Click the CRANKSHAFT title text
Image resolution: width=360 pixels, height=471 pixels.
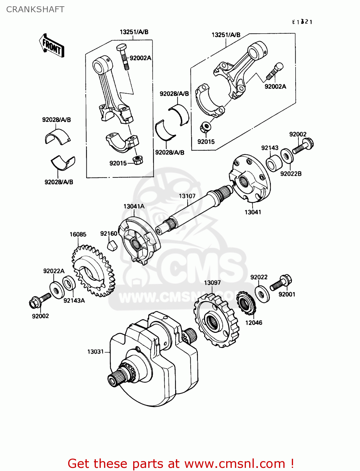(35, 9)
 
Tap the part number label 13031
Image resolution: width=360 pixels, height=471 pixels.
(95, 352)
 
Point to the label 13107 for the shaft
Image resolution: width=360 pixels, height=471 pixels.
(187, 196)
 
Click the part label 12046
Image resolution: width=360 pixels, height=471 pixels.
(254, 322)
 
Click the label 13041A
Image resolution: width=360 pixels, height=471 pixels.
(134, 206)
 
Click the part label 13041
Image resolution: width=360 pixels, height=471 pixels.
(253, 212)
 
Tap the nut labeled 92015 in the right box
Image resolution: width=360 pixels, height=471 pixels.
(206, 127)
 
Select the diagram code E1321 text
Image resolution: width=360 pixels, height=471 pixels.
(302, 22)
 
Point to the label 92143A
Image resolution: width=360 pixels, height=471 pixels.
(74, 300)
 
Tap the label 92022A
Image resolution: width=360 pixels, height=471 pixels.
(54, 271)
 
